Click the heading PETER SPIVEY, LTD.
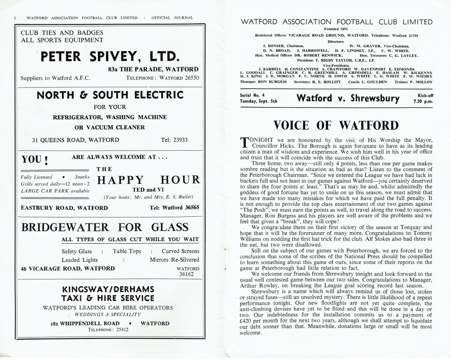(x=109, y=56)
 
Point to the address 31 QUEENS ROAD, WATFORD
(x=75, y=141)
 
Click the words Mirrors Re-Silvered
(x=174, y=260)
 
